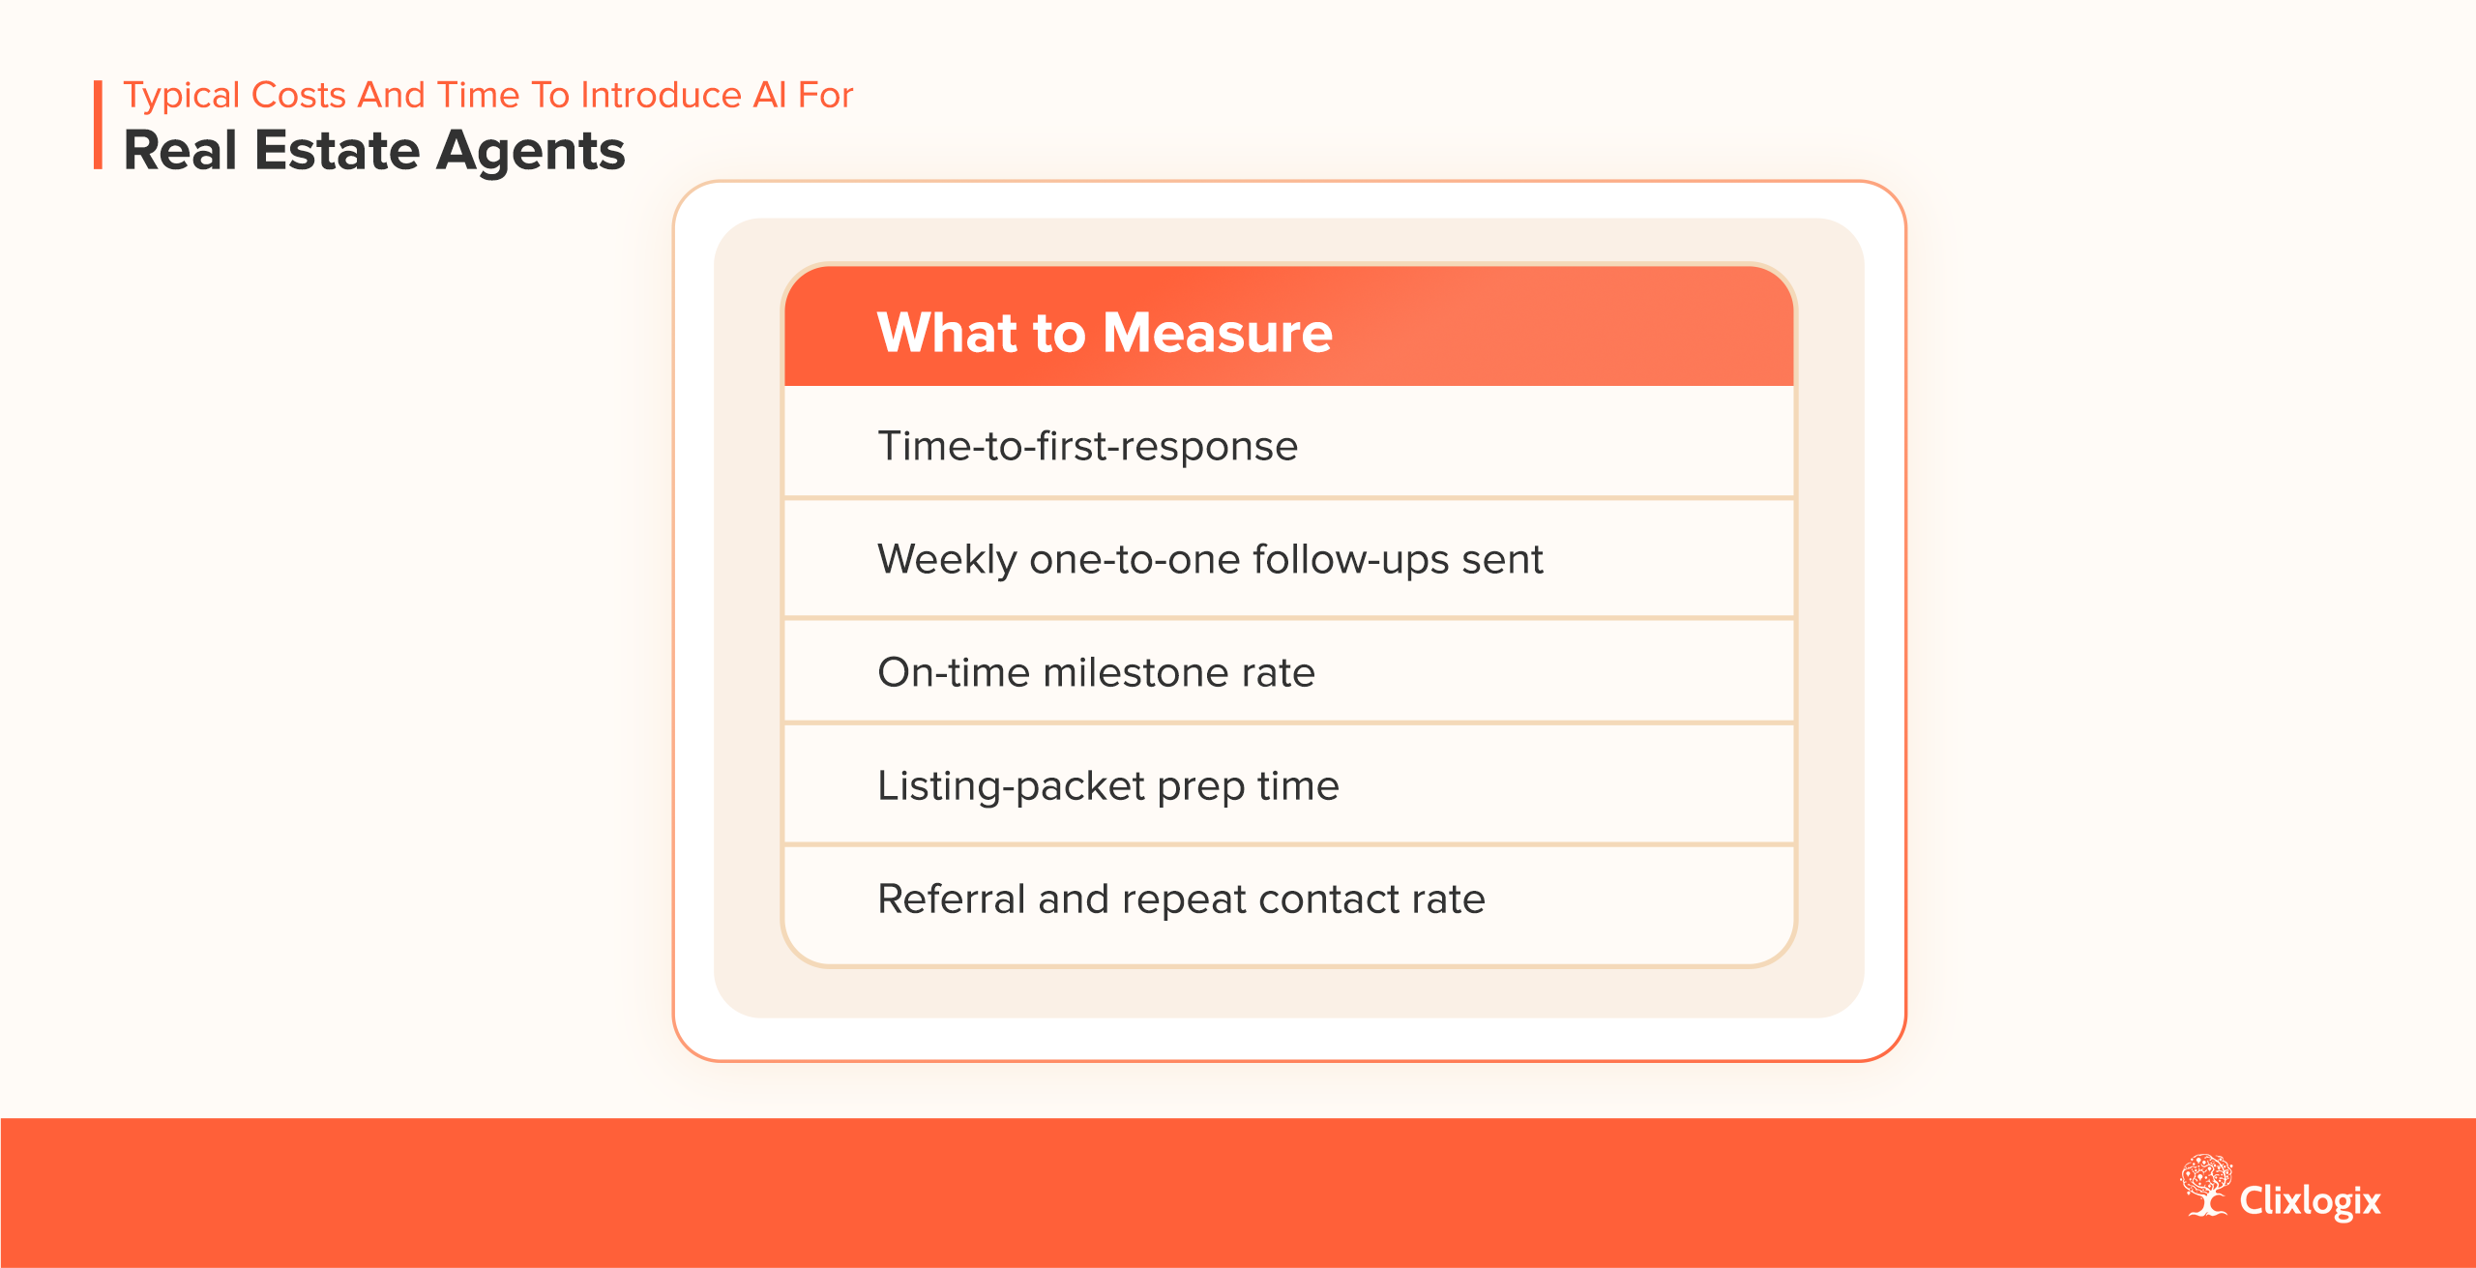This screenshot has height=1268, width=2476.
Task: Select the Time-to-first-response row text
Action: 1087,446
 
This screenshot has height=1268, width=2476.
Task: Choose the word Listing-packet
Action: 1011,786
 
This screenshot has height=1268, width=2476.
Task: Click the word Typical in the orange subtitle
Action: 182,96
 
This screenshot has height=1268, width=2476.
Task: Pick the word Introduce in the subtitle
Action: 661,96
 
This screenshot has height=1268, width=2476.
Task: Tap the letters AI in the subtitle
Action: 770,96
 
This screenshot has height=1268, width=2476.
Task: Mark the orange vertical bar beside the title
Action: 98,125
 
